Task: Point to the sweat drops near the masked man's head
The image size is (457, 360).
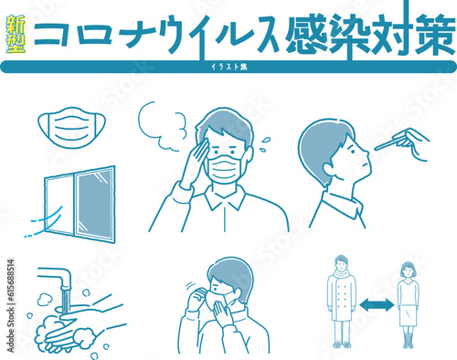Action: (264, 142)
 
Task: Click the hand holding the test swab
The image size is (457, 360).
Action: (415, 142)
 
